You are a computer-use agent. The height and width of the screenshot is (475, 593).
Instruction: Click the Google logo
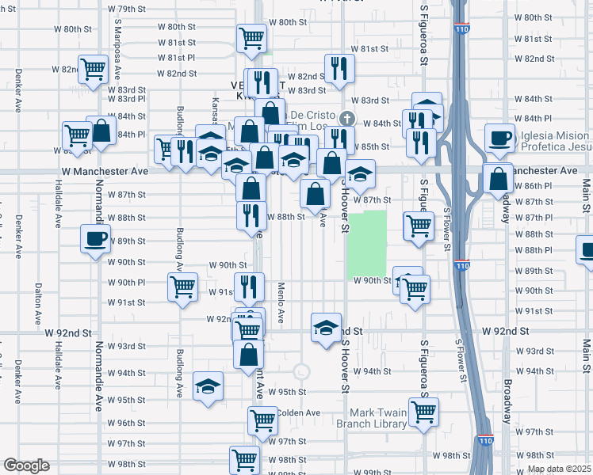[26, 465]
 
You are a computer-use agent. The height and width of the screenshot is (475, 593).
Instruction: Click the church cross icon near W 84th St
[346, 120]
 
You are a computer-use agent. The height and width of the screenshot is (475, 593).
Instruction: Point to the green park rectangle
[366, 244]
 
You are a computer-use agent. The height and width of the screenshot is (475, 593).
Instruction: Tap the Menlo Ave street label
[281, 302]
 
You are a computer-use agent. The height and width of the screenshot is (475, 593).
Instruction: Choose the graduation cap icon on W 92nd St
[326, 328]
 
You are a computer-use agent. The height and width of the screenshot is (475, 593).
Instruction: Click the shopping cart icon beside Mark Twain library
[424, 410]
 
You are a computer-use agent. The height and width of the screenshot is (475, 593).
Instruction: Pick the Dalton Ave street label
[37, 304]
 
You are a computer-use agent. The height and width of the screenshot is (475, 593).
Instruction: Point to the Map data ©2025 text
[559, 469]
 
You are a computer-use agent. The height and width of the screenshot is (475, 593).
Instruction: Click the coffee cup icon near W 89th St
[95, 237]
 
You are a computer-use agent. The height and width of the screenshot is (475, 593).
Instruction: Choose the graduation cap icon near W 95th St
[208, 386]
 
